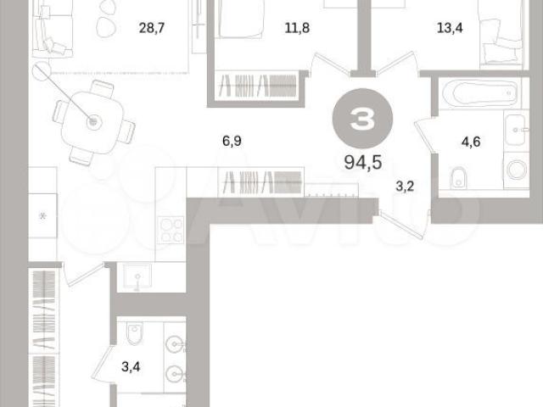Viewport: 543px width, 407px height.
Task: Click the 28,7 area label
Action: coord(151,28)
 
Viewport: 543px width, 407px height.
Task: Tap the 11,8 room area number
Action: coord(297,28)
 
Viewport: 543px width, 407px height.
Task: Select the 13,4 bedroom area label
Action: coord(450,28)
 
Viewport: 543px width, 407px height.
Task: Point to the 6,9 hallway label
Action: coord(232,141)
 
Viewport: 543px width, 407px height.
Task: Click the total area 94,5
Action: coord(363,162)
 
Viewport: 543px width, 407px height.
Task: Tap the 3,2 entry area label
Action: coord(405,187)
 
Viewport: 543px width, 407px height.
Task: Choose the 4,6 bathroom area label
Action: coord(471,142)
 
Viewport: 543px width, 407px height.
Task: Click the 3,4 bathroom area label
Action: coord(131,366)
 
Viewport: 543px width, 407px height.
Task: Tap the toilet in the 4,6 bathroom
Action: coord(459,177)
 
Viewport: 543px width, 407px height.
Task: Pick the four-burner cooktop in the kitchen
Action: coord(171,230)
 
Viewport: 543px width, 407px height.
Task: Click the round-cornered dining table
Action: coord(92,122)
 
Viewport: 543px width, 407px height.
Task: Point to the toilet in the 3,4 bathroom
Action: coord(134,333)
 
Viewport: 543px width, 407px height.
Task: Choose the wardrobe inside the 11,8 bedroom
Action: coord(257,86)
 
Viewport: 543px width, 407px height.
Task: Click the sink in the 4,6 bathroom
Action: coord(516,130)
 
